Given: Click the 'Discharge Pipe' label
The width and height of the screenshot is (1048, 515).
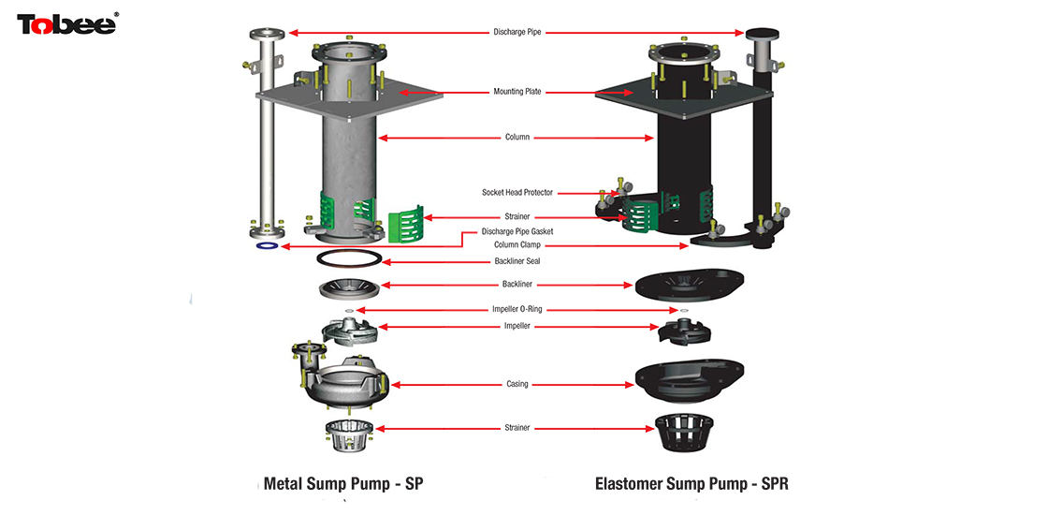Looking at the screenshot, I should click(x=517, y=32).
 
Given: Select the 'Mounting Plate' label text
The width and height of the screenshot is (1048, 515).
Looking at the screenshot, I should click(x=517, y=92).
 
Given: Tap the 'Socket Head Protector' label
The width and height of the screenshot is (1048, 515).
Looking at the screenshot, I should click(x=517, y=193).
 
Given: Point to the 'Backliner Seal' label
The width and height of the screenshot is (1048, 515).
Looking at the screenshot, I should click(x=517, y=261).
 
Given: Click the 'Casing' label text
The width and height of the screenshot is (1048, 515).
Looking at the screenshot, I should click(x=517, y=384).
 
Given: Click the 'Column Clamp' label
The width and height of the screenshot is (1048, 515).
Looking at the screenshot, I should click(x=517, y=245).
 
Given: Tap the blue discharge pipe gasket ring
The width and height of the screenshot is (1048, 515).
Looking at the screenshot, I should click(x=267, y=247).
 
